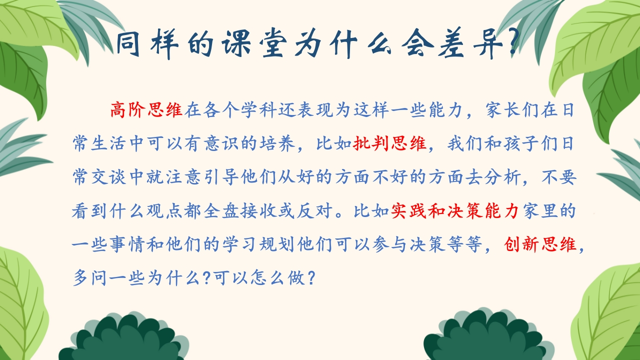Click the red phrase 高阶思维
146,109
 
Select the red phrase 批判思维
389,143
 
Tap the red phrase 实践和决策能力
455,211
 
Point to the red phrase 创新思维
540,244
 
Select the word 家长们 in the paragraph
513,109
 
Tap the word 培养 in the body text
277,143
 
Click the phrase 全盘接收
239,211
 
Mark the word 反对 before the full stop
313,211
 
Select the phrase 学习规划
258,244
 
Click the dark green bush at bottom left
124,337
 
